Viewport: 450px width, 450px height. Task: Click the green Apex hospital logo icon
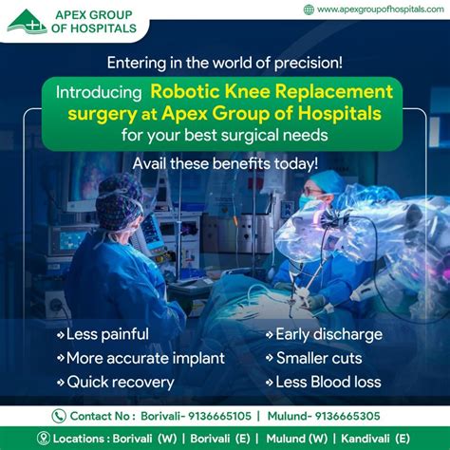pyautogui.click(x=27, y=22)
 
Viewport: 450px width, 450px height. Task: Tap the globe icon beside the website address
pyautogui.click(x=309, y=9)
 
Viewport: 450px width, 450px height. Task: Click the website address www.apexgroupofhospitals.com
pyautogui.click(x=381, y=9)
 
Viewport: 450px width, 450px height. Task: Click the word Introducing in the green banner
pyautogui.click(x=99, y=93)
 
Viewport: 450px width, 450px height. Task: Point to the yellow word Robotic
pyautogui.click(x=185, y=91)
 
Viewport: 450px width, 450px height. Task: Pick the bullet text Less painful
pyautogui.click(x=107, y=334)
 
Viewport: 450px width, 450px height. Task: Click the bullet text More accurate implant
pyautogui.click(x=145, y=359)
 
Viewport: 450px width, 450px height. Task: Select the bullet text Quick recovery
pyautogui.click(x=121, y=383)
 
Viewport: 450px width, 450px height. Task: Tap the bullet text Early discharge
pyautogui.click(x=329, y=335)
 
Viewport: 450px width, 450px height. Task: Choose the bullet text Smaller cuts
pyautogui.click(x=319, y=358)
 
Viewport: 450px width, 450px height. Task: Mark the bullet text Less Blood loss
pyautogui.click(x=328, y=382)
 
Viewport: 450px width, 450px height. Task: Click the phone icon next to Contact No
pyautogui.click(x=59, y=416)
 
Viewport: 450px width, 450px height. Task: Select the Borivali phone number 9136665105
pyautogui.click(x=219, y=416)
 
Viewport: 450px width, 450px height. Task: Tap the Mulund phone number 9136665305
pyautogui.click(x=347, y=416)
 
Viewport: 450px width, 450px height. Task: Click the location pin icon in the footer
pyautogui.click(x=44, y=439)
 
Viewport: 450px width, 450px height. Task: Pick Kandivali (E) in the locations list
pyautogui.click(x=375, y=439)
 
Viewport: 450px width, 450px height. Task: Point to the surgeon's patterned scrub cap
pyautogui.click(x=120, y=201)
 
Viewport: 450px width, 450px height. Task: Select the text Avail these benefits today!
pyautogui.click(x=225, y=164)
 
